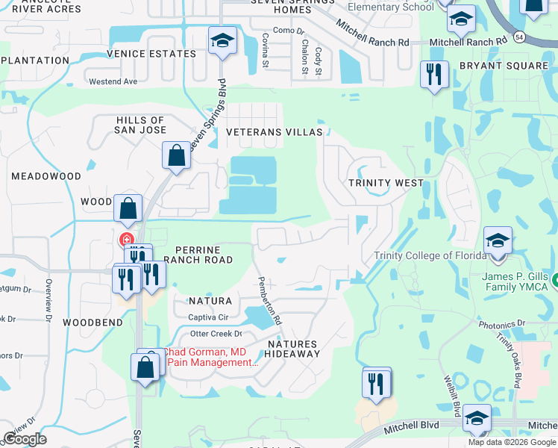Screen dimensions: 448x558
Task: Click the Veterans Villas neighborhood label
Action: coord(275,132)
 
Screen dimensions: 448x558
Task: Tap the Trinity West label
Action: coord(386,183)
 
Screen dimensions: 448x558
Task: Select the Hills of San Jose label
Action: coord(140,125)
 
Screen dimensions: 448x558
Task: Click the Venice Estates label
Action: coord(151,55)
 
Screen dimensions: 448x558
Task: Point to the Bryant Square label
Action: coord(504,66)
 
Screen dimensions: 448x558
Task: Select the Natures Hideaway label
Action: coord(292,349)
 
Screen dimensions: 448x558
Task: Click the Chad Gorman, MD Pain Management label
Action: coord(210,357)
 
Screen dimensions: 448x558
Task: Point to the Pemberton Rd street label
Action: coord(269,299)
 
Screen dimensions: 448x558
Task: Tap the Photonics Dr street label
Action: coord(502,325)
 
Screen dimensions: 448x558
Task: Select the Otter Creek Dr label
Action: coord(217,334)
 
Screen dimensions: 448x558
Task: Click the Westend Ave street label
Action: coord(113,81)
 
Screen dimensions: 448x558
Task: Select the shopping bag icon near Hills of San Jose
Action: coord(175,155)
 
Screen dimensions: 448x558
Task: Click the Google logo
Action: coord(25,439)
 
